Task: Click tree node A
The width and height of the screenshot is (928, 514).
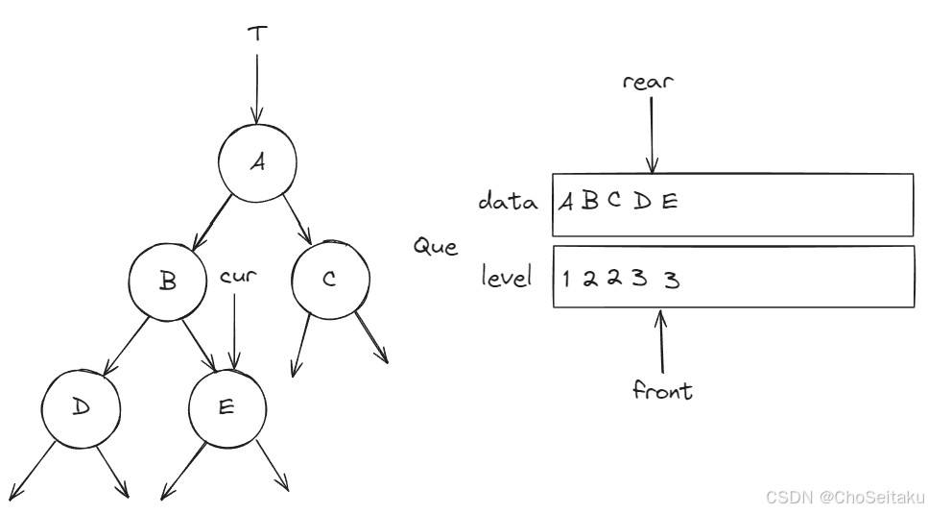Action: point(257,162)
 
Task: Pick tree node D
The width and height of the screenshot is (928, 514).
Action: point(82,407)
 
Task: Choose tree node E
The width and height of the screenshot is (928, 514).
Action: point(227,407)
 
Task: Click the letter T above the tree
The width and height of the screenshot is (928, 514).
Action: point(256,33)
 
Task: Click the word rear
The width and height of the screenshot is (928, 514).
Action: point(649,81)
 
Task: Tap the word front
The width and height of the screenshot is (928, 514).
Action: point(662,391)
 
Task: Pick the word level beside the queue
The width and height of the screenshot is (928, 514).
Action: point(508,279)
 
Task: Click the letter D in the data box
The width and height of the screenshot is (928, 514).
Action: point(642,203)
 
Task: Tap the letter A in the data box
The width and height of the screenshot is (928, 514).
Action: point(567,203)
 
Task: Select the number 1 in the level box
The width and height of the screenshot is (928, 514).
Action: point(565,280)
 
